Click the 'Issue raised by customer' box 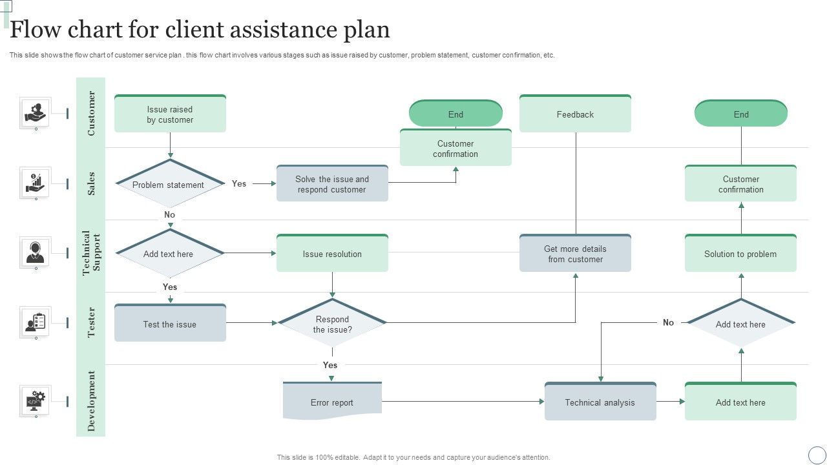(170, 114)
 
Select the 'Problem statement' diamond (169, 185)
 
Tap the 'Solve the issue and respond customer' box (332, 184)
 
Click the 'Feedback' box (575, 114)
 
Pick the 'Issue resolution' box (332, 254)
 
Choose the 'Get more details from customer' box (575, 254)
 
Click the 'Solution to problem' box (740, 254)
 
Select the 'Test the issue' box (170, 324)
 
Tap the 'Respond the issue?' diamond (332, 324)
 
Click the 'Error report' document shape (332, 402)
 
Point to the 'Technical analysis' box (600, 402)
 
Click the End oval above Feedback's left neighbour (455, 114)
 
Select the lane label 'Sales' (91, 183)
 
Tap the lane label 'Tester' (91, 322)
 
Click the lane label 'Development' (91, 400)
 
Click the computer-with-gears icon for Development (36, 400)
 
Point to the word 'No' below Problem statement (169, 214)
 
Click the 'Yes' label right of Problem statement (239, 184)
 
